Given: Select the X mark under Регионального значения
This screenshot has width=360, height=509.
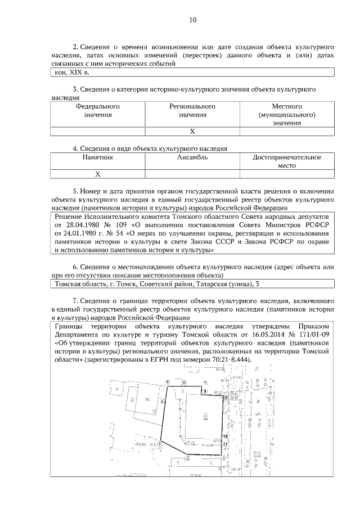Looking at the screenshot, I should pos(192,131).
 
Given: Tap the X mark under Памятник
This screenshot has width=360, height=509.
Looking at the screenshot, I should pos(97,174).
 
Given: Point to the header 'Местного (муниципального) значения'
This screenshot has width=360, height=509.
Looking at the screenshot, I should pos(287,114).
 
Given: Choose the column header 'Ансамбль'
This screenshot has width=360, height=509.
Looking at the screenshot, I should pos(192,158).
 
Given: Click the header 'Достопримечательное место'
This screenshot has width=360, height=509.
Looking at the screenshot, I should pos(287,162).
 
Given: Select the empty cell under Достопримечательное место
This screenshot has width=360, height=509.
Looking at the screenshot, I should pos(287,174).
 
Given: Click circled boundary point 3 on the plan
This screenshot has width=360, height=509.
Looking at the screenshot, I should pos(160,443).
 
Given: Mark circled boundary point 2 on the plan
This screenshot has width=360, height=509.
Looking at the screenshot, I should pos(187,458).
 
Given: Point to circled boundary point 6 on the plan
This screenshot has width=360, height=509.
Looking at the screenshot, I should pos(184,381).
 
